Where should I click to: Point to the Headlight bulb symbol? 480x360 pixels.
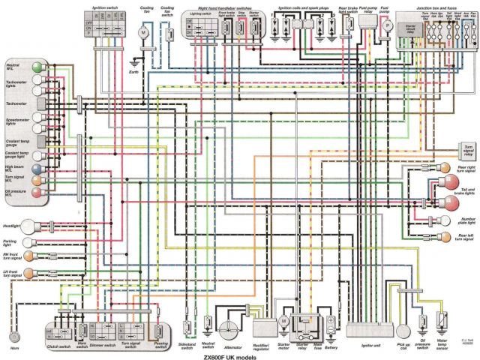(x=29, y=225)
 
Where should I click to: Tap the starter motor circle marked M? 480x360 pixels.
(x=283, y=320)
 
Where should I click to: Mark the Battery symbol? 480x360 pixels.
(x=330, y=325)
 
